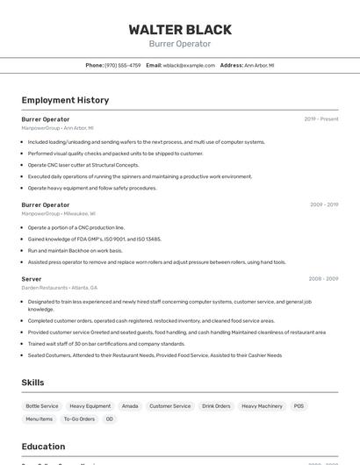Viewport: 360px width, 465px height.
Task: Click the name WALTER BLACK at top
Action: click(180, 30)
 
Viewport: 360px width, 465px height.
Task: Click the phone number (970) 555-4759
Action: click(122, 65)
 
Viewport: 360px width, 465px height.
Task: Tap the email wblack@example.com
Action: click(189, 65)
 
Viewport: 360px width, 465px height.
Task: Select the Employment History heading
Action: click(65, 100)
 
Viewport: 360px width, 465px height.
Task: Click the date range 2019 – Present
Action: click(321, 118)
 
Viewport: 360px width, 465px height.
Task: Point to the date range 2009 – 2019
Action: click(324, 204)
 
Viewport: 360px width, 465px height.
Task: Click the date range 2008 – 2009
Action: click(323, 278)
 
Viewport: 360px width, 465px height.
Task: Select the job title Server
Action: click(32, 278)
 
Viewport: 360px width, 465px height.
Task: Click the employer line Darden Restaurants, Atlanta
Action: click(60, 288)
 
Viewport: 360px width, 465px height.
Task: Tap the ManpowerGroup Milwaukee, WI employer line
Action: click(59, 213)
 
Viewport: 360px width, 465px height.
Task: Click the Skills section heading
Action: click(32, 383)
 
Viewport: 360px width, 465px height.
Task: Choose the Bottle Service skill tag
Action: click(42, 406)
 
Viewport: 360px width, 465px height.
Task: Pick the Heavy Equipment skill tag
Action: click(90, 406)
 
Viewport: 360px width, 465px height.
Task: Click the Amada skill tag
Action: click(130, 406)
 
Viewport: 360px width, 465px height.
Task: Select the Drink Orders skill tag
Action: click(216, 406)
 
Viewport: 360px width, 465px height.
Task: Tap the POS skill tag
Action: click(299, 406)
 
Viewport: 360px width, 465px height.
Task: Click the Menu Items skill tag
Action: click(40, 419)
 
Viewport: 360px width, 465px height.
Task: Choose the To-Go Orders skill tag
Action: click(79, 419)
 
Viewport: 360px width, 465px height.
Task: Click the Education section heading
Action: click(43, 447)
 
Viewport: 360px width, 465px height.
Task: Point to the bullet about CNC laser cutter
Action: click(83, 165)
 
